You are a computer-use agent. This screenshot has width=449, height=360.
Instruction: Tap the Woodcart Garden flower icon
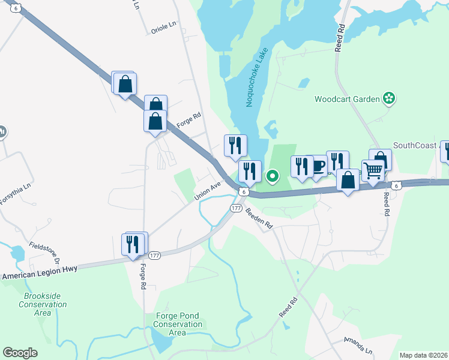pos(389,98)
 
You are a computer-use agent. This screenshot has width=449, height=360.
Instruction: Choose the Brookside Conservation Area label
pos(43,304)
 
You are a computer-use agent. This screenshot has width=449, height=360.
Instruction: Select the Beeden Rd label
pos(260,218)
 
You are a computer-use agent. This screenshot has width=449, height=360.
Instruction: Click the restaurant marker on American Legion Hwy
pos(133,245)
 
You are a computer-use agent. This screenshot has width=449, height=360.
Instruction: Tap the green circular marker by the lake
pos(273,176)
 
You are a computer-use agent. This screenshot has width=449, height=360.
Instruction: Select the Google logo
pos(20,353)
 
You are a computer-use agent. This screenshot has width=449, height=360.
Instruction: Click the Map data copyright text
pos(423,355)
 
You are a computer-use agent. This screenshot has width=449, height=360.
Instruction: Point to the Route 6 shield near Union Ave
pos(243,191)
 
